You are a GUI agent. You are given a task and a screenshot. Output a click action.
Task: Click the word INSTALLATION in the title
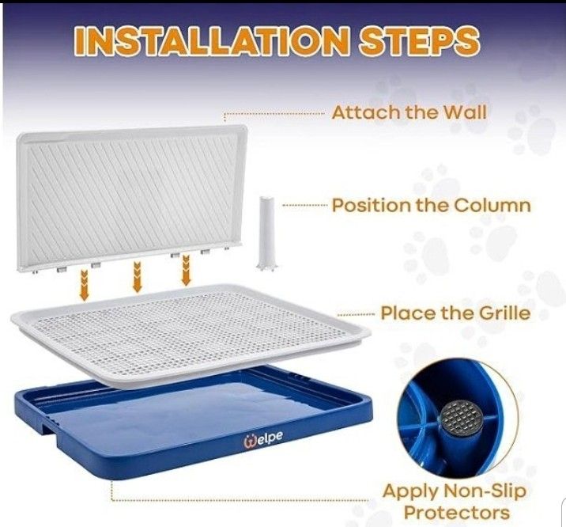click(x=212, y=41)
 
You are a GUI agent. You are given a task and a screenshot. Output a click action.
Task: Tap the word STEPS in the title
click(x=419, y=41)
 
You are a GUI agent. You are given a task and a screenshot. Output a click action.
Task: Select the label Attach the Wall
click(x=409, y=112)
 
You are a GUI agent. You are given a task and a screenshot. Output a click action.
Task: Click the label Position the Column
click(x=432, y=206)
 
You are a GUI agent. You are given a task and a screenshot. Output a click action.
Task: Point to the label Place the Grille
click(x=455, y=313)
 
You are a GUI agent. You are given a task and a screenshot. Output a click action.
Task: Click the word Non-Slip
click(x=485, y=491)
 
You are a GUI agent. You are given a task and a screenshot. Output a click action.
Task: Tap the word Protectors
click(x=457, y=513)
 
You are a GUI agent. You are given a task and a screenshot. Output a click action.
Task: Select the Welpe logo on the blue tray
click(x=263, y=438)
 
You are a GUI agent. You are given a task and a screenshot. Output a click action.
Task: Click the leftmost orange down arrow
click(x=84, y=285)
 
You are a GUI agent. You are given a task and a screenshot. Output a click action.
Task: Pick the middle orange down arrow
click(x=137, y=277)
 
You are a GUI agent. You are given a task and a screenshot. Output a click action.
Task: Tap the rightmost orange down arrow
click(x=186, y=270)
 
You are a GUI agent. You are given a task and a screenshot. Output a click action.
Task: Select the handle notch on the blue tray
click(x=51, y=428)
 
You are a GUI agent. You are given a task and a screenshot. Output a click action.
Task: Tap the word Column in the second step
click(x=492, y=206)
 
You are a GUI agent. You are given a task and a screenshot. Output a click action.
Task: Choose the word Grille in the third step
click(x=504, y=313)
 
